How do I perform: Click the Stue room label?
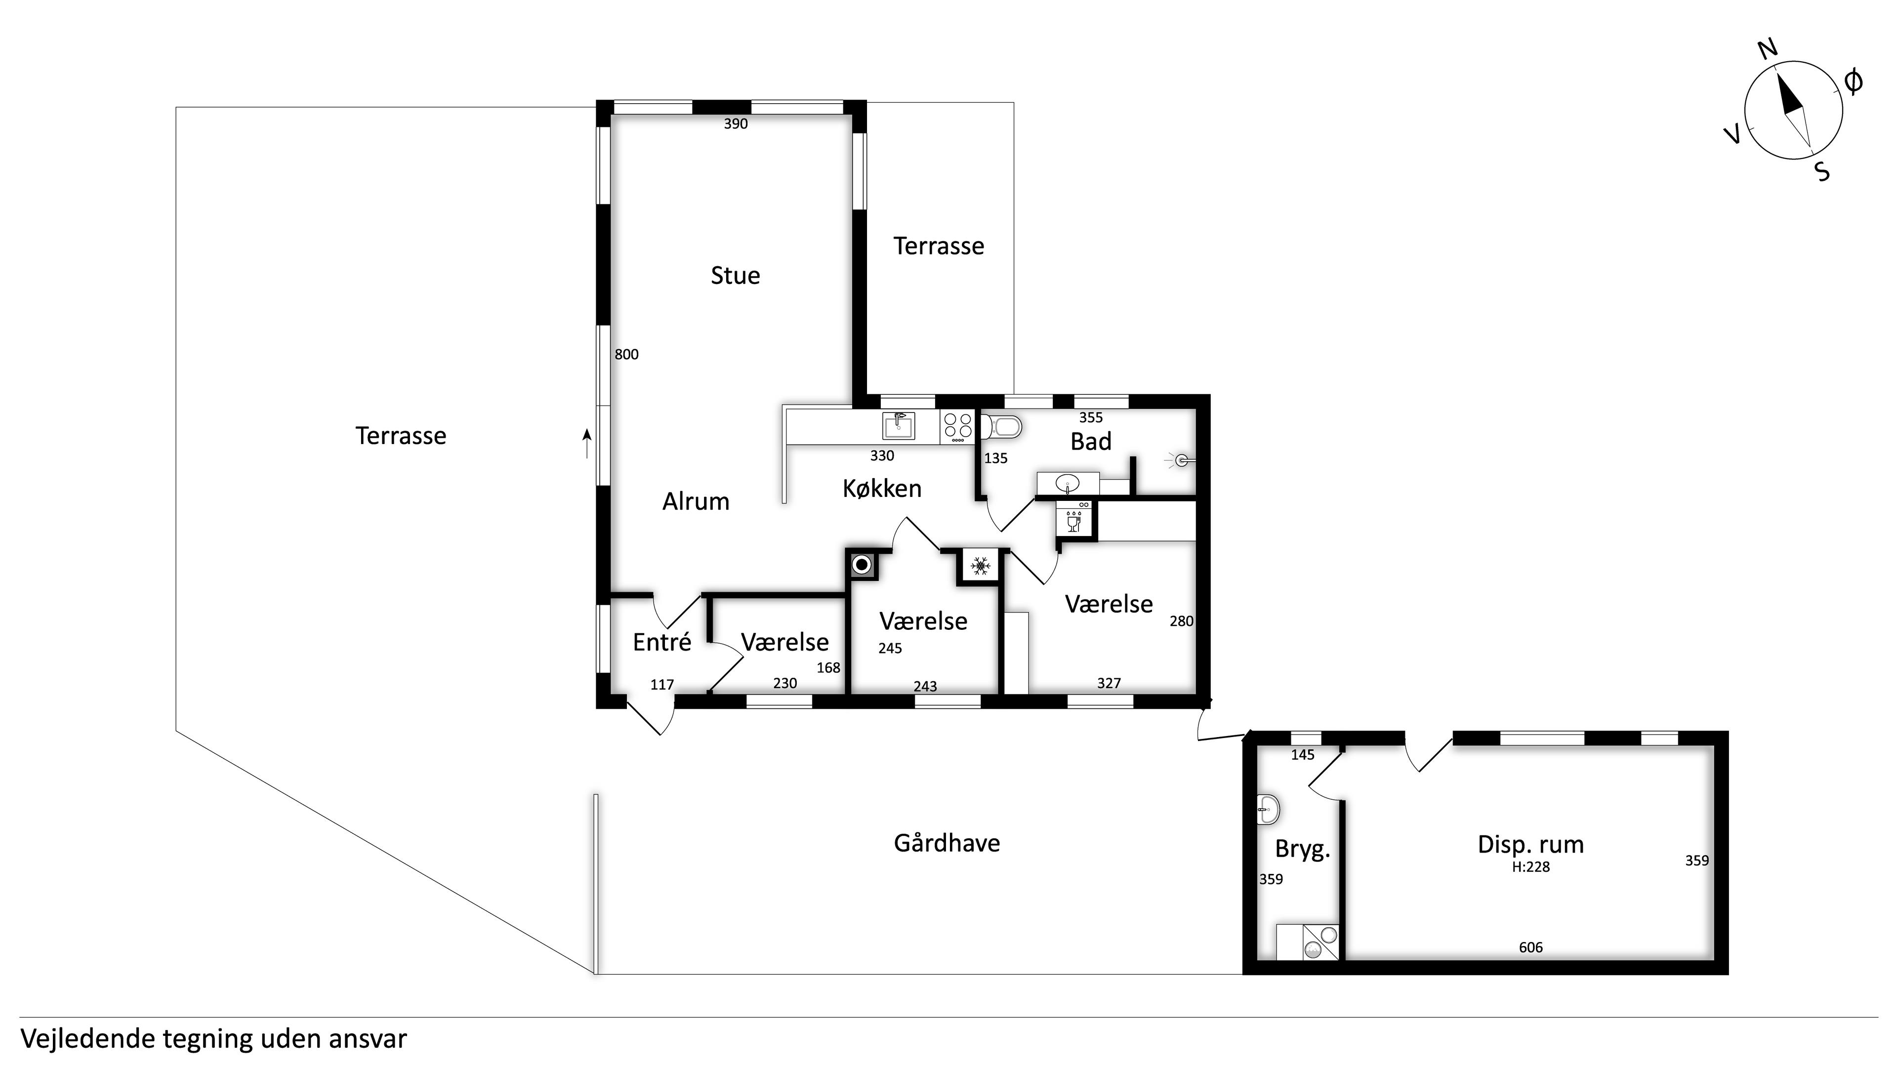[735, 276]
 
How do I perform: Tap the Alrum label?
[696, 501]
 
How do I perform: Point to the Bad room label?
[1091, 442]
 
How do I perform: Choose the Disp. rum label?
[1530, 845]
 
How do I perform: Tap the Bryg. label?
[1303, 850]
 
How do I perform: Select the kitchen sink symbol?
[899, 426]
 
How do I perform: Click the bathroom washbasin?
[1068, 484]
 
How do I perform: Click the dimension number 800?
[627, 355]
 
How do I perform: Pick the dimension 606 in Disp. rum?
[1530, 948]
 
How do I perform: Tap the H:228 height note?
[1531, 867]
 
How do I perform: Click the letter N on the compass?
[1768, 48]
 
